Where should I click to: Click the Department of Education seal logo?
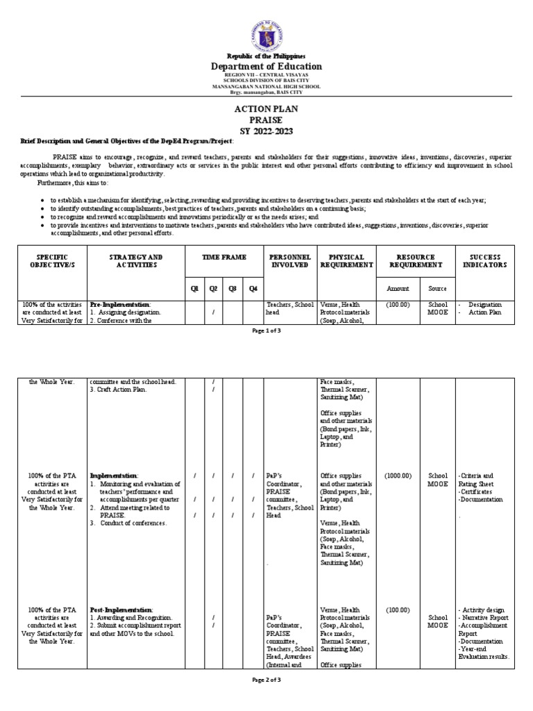pyautogui.click(x=266, y=26)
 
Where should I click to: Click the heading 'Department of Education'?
pyautogui.click(x=266, y=67)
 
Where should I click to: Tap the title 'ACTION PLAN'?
pyautogui.click(x=266, y=110)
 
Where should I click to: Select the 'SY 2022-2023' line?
pyautogui.click(x=266, y=130)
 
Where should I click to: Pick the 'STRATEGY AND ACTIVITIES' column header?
pyautogui.click(x=136, y=261)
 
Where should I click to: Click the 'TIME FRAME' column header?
pyautogui.click(x=223, y=257)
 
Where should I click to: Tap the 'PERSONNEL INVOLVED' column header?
pyautogui.click(x=289, y=261)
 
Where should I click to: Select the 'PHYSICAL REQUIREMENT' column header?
pyautogui.click(x=346, y=261)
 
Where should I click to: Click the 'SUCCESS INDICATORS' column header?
pyautogui.click(x=486, y=261)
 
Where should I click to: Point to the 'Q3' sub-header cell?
pyautogui.click(x=232, y=289)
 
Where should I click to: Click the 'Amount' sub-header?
pyautogui.click(x=398, y=289)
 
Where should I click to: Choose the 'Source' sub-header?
pyautogui.click(x=438, y=289)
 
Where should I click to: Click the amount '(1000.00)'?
pyautogui.click(x=398, y=476)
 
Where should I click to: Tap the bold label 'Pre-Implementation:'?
pyautogui.click(x=120, y=304)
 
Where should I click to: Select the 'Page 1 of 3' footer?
pyautogui.click(x=266, y=331)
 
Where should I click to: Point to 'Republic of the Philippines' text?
pyautogui.click(x=266, y=56)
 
